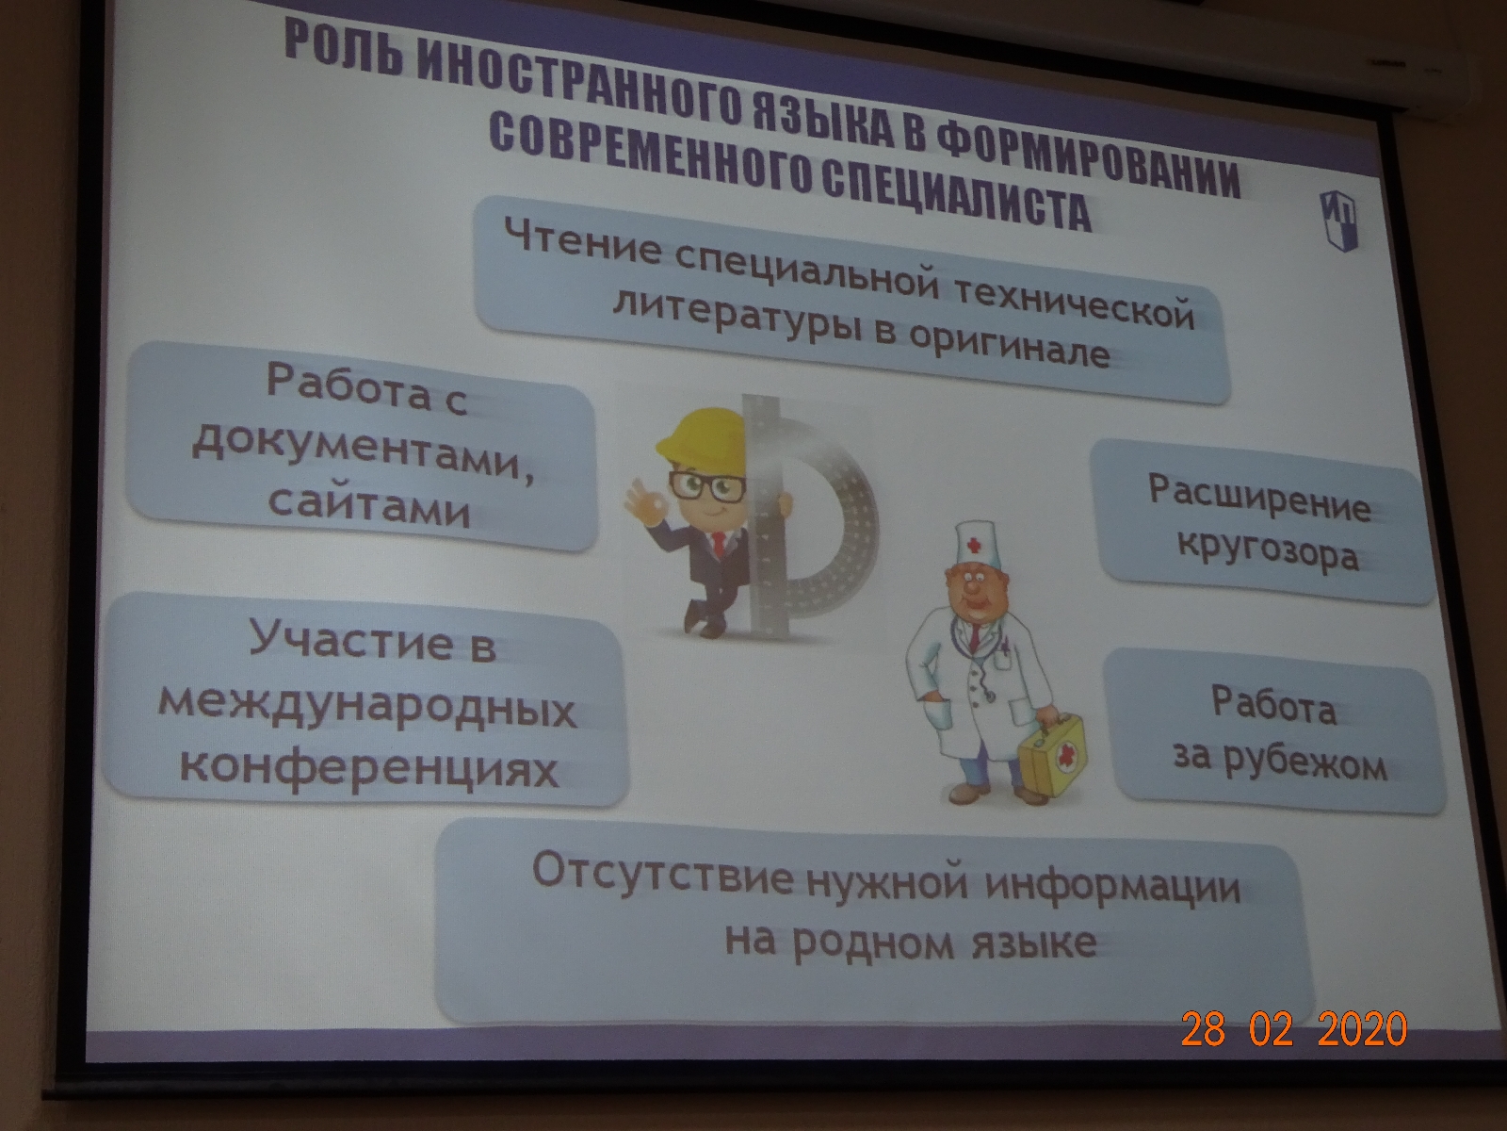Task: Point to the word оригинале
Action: [1009, 347]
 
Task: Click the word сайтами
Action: [368, 507]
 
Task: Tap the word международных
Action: [366, 706]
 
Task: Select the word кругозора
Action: [1268, 553]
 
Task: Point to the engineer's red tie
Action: [718, 545]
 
